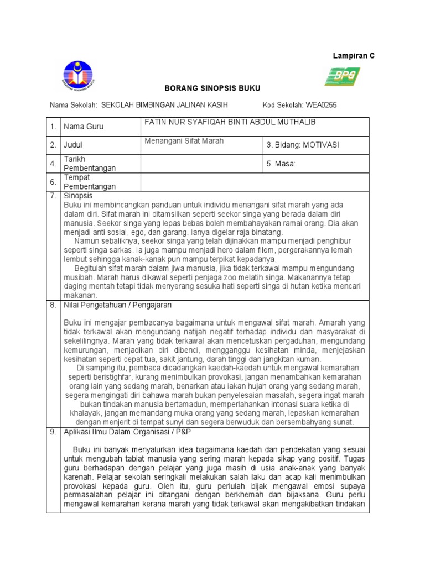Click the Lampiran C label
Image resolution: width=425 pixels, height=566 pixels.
coord(353,56)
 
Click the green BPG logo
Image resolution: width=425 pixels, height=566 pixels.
coord(342,76)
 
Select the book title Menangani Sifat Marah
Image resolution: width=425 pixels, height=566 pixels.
coord(184,141)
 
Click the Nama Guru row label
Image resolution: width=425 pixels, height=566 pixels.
coord(84,127)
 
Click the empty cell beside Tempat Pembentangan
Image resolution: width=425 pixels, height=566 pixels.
coord(255,182)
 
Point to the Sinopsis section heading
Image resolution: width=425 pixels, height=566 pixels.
coord(79,196)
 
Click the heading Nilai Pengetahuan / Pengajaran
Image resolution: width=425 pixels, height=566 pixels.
coord(118,305)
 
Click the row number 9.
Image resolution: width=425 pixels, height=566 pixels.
coord(53,432)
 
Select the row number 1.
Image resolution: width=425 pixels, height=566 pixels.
coord(53,127)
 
